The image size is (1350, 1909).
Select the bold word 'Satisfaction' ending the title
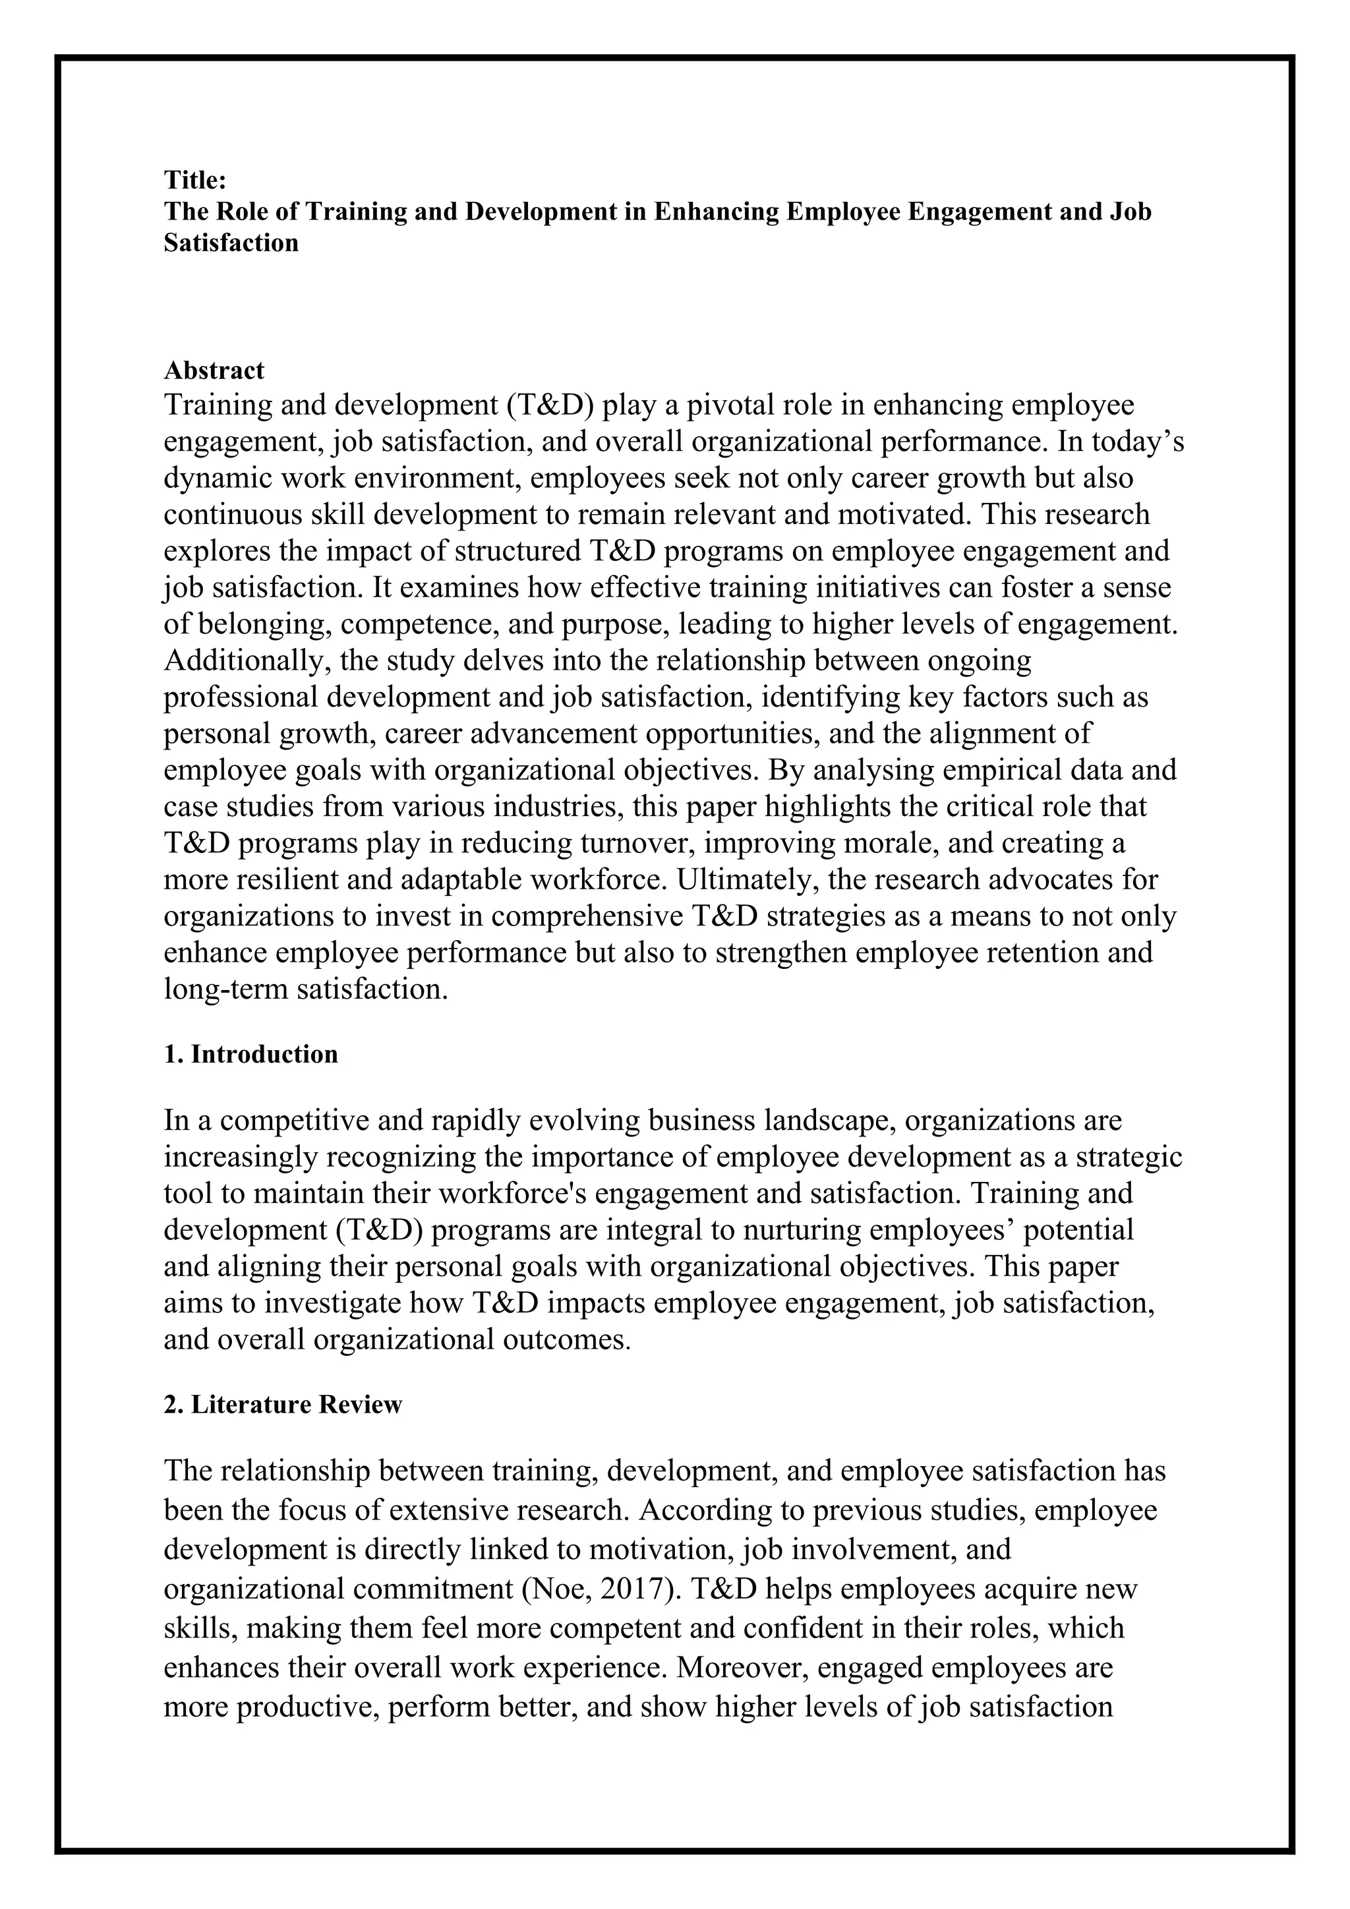tap(231, 243)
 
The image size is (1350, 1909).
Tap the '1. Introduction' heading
tap(250, 1054)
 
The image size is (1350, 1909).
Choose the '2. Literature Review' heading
tap(283, 1404)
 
